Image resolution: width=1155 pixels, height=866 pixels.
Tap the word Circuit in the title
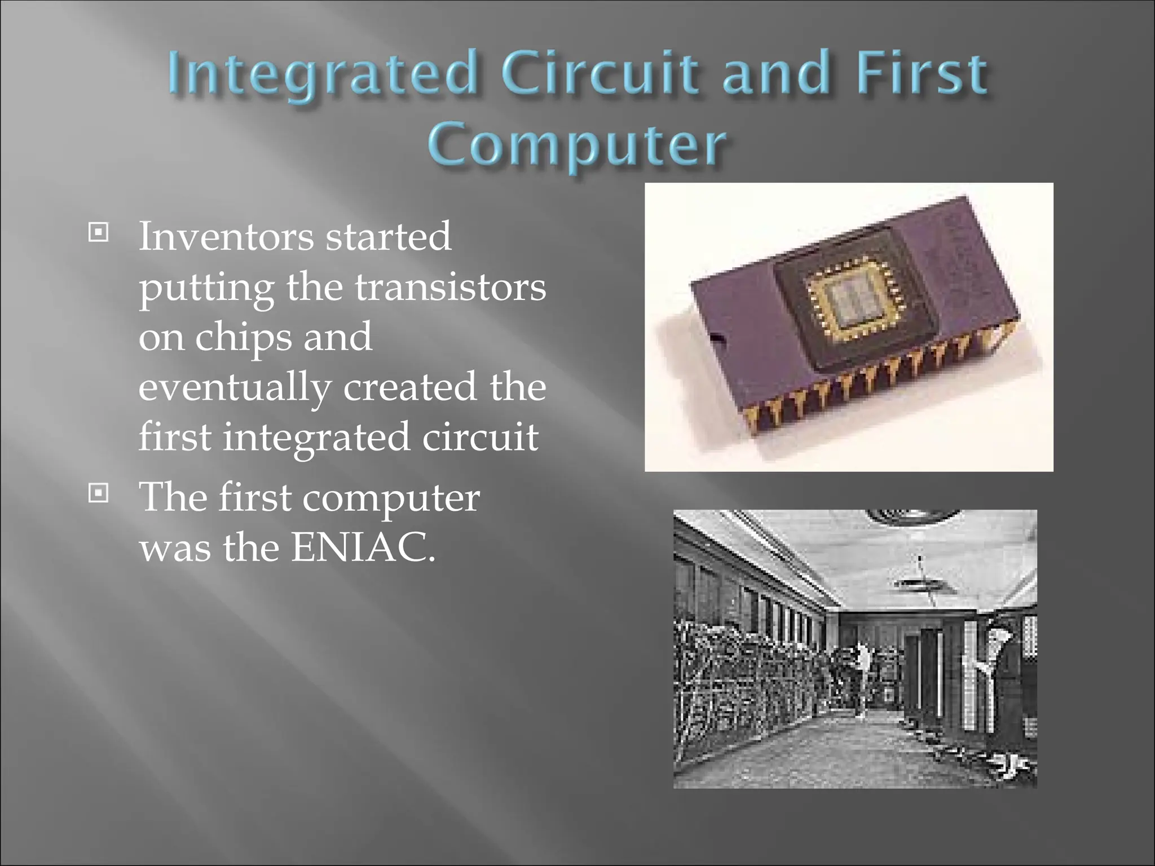[x=599, y=73]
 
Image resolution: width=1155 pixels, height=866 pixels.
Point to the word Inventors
[x=226, y=237]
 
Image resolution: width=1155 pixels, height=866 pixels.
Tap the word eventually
[x=234, y=388]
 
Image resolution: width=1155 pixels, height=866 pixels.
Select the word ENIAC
[x=363, y=547]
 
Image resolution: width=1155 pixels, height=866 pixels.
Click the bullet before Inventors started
[x=98, y=232]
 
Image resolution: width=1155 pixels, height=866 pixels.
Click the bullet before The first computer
[x=98, y=494]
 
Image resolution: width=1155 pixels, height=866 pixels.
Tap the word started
[x=389, y=237]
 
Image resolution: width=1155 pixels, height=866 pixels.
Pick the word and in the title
[x=775, y=73]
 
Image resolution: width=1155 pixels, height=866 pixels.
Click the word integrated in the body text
[x=316, y=438]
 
